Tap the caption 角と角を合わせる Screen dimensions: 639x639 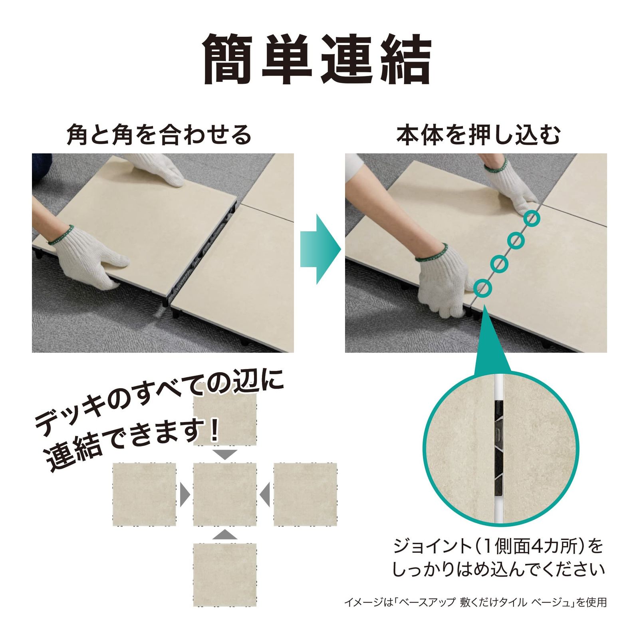tap(159, 135)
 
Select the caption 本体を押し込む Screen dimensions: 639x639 tap(478, 135)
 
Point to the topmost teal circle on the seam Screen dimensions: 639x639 tap(532, 218)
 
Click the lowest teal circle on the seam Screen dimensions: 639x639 tap(482, 287)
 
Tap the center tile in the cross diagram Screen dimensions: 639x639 tap(224, 494)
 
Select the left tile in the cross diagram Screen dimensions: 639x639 tap(144, 494)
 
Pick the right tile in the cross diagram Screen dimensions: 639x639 tap(305, 494)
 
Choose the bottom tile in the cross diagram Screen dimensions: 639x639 tap(224, 574)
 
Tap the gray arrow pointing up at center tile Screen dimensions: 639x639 tap(225, 535)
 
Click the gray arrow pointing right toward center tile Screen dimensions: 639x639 tap(185, 494)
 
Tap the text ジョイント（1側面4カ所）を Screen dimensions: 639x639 tap(498, 546)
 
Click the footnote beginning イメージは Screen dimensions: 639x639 tap(475, 602)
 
